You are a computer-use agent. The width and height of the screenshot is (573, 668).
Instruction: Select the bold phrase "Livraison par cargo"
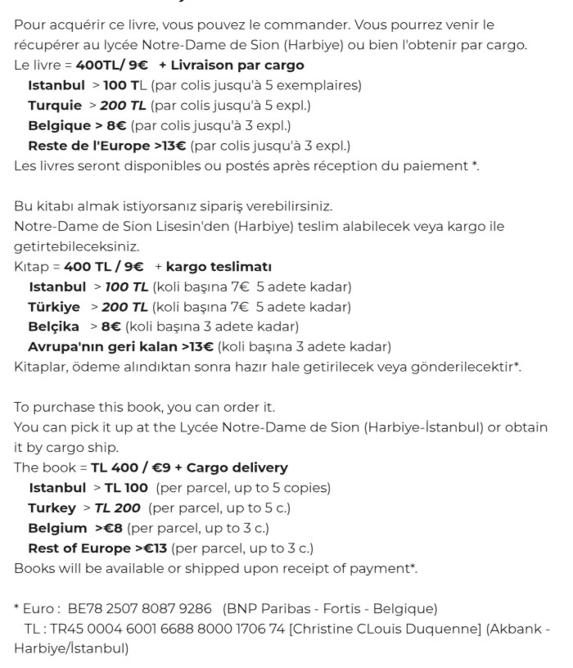click(x=237, y=65)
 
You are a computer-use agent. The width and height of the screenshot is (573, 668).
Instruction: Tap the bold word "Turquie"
click(x=55, y=106)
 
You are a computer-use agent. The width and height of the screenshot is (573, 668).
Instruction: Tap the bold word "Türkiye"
click(x=54, y=307)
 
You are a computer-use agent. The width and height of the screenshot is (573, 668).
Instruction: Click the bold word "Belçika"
click(x=55, y=327)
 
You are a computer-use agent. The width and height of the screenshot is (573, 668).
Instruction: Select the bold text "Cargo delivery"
click(x=237, y=467)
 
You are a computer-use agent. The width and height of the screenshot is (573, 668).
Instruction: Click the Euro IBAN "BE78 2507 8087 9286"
click(x=141, y=609)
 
